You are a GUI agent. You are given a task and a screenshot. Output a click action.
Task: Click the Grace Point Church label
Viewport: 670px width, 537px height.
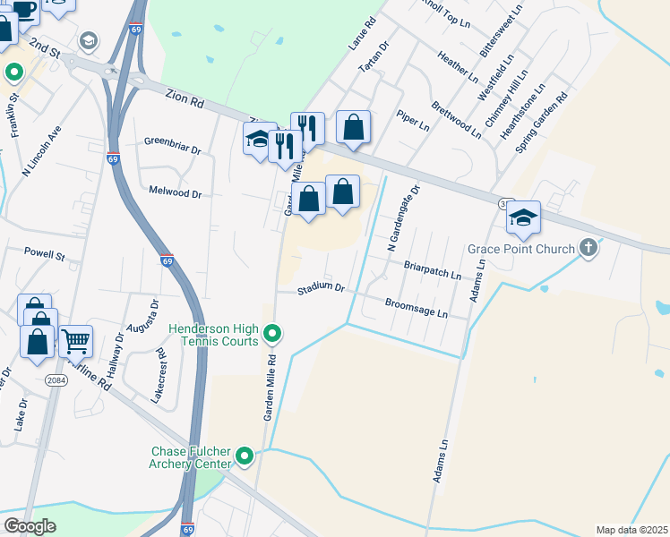tap(520, 248)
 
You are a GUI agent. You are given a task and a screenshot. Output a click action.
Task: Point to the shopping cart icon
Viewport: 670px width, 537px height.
tap(76, 340)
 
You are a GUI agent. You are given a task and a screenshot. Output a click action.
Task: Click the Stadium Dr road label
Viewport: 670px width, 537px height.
tap(322, 288)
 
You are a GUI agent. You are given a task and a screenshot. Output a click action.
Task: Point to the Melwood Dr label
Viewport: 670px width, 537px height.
tap(176, 192)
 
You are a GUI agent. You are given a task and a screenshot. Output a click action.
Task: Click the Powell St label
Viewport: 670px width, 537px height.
tap(45, 254)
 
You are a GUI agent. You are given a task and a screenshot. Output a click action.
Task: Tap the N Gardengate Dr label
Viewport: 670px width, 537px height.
tap(403, 217)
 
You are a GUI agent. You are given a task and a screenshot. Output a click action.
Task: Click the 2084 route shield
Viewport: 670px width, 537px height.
tap(56, 379)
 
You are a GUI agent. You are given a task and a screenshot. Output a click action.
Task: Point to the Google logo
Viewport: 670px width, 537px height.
tap(30, 526)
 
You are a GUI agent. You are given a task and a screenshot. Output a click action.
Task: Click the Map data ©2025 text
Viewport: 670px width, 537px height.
tap(631, 530)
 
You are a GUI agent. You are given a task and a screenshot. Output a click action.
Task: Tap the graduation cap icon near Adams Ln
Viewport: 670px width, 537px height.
tap(523, 217)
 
